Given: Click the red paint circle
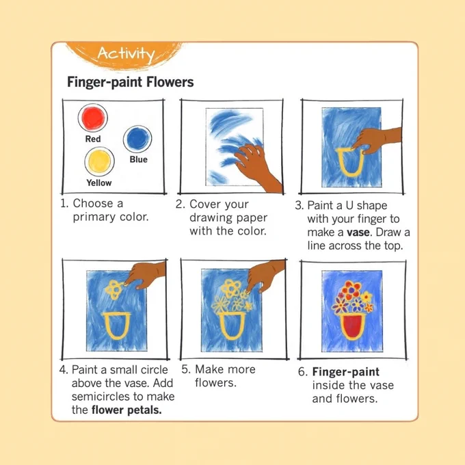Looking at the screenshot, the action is pyautogui.click(x=93, y=118).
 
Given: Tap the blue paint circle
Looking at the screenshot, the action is pyautogui.click(x=137, y=139).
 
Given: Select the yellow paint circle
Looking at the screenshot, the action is pyautogui.click(x=99, y=161).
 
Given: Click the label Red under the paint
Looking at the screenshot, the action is pyautogui.click(x=93, y=139).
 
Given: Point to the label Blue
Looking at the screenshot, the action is pyautogui.click(x=139, y=159).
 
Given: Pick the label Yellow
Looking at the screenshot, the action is pyautogui.click(x=99, y=183).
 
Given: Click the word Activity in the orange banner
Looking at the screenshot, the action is pyautogui.click(x=126, y=54).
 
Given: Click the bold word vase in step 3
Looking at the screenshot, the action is pyautogui.click(x=358, y=232).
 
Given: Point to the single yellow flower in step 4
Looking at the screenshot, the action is pyautogui.click(x=114, y=289).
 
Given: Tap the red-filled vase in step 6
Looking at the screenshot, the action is pyautogui.click(x=352, y=326).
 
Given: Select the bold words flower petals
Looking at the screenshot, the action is pyautogui.click(x=127, y=410).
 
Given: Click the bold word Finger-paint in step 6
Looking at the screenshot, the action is pyautogui.click(x=346, y=372).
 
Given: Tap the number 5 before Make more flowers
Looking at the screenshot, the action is pyautogui.click(x=185, y=369).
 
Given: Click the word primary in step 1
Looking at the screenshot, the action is pyautogui.click(x=94, y=217).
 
